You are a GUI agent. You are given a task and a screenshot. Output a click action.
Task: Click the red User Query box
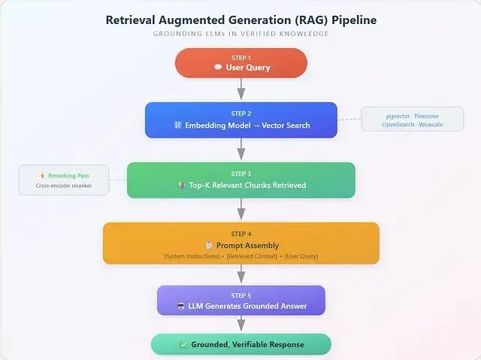tap(240, 63)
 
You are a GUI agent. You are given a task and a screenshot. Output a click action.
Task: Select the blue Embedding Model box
tap(240, 119)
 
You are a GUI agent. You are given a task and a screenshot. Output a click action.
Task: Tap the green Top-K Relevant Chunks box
tap(240, 180)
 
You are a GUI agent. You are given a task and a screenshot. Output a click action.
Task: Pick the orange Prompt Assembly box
tap(240, 243)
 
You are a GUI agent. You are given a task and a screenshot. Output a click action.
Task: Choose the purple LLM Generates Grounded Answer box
tap(240, 300)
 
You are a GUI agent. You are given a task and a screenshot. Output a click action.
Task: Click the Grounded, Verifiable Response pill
tap(240, 344)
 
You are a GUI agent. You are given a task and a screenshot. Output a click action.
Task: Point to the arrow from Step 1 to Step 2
tap(241, 89)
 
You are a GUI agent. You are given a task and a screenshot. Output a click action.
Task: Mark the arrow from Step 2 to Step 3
tap(241, 150)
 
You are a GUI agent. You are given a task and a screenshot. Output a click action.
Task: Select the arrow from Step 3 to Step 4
tap(241, 210)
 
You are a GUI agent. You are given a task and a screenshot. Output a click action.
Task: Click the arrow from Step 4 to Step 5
tap(241, 274)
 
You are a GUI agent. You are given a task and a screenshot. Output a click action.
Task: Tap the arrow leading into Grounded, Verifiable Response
tap(241, 324)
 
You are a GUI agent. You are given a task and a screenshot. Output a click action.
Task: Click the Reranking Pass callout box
tap(63, 180)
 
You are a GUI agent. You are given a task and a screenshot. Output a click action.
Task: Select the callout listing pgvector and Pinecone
tap(412, 119)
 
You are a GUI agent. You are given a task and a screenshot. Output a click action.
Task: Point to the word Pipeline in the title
tap(349, 20)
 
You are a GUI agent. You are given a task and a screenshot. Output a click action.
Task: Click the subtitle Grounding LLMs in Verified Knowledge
tap(240, 34)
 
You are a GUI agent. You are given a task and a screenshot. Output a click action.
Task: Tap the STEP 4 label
tap(240, 234)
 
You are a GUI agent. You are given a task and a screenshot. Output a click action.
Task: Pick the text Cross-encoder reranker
tap(64, 186)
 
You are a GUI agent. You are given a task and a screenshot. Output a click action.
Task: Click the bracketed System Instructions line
tap(240, 256)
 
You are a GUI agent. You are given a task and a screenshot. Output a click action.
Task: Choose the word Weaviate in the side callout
tap(431, 124)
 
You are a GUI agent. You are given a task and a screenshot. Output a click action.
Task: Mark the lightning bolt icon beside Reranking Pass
tap(42, 176)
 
